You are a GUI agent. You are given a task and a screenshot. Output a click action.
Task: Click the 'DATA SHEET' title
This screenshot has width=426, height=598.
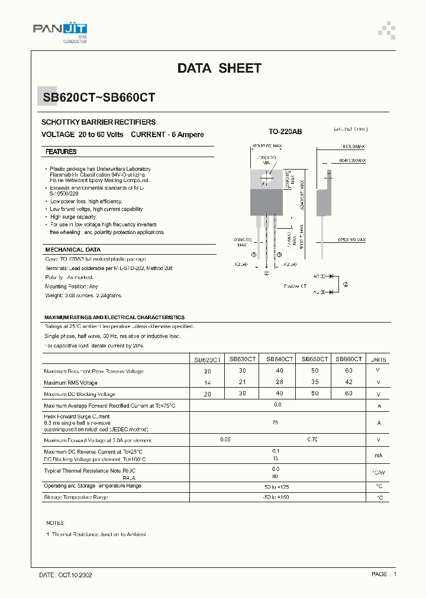[x=219, y=69]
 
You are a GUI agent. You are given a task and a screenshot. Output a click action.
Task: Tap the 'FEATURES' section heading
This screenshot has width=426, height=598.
[x=61, y=152]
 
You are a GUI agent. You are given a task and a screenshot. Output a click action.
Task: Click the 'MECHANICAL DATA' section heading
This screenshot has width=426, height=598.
[x=73, y=250]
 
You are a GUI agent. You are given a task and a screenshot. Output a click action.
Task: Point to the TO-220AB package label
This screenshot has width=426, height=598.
[x=285, y=132]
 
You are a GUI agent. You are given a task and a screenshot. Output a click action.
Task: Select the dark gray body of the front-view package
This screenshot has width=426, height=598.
[x=267, y=202]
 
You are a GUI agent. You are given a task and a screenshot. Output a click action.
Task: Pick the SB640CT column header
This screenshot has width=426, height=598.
[x=279, y=359]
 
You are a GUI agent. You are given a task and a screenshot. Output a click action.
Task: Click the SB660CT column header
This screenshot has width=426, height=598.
[x=348, y=359]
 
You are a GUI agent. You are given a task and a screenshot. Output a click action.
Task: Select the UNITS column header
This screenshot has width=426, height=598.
[x=379, y=359]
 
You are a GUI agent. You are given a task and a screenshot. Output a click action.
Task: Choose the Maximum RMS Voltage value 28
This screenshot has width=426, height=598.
[x=279, y=382]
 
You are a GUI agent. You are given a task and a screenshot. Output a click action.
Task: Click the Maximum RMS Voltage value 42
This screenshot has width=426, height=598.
[x=348, y=382]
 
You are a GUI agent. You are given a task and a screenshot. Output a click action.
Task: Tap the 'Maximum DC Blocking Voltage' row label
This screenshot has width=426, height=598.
[x=79, y=394]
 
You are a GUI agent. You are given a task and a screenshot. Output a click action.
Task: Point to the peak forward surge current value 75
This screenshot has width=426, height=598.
[x=276, y=423]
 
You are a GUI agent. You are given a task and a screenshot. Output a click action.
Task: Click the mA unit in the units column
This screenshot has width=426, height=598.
[x=379, y=456]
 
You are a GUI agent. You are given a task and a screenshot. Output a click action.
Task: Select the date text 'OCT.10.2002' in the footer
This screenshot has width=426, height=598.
[x=75, y=574]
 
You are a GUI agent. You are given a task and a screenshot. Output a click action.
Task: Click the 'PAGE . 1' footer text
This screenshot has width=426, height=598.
[x=384, y=574]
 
